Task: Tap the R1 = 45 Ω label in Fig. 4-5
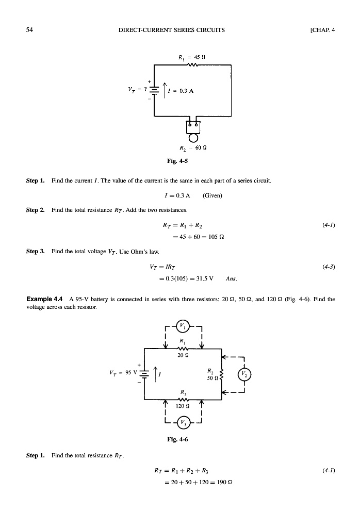[193, 57]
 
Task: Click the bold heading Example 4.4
[45, 299]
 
